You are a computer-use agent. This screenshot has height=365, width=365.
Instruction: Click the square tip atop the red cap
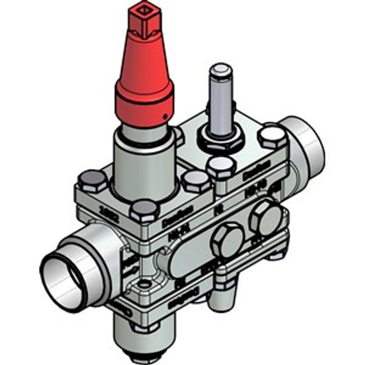[145, 13]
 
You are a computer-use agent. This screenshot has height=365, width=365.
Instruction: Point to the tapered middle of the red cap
[145, 58]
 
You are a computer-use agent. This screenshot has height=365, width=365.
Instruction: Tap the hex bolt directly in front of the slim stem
[220, 166]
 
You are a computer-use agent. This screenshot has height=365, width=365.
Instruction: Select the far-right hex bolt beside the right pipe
[272, 136]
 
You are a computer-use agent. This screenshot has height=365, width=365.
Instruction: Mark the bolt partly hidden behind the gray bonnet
[178, 135]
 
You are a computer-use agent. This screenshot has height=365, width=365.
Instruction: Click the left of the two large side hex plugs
[227, 239]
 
